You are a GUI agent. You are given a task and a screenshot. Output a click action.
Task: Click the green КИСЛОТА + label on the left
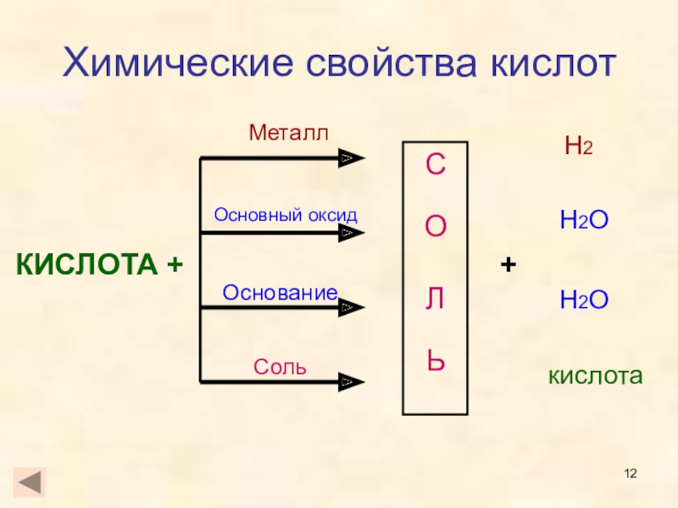pos(100,265)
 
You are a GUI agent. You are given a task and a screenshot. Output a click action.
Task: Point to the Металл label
pos(287,132)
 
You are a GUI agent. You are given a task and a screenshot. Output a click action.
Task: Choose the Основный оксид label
pos(286,214)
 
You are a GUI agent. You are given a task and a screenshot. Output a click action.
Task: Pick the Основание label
pos(280,292)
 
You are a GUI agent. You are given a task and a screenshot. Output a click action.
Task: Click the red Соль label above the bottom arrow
pos(281,368)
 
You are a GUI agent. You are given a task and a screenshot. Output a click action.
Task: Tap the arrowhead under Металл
pos(350,158)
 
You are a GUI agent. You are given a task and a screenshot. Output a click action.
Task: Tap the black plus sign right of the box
pos(508,266)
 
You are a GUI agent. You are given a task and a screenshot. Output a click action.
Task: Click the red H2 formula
pos(578,146)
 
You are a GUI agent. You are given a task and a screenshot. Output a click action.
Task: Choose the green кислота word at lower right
pos(596,375)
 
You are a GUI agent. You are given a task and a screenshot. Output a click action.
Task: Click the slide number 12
pos(631,472)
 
